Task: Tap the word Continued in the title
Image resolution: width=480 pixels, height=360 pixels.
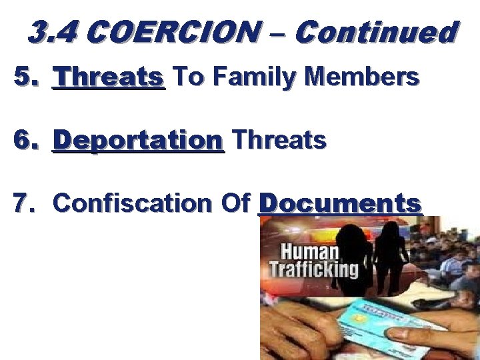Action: point(376,31)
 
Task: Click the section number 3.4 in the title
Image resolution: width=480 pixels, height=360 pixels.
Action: point(54,31)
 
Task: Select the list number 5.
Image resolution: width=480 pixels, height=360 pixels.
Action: point(25,78)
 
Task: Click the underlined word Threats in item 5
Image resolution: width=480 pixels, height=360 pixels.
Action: point(110,78)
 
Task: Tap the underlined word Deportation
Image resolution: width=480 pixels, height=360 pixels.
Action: point(138,140)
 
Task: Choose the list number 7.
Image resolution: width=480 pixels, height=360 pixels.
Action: point(25,203)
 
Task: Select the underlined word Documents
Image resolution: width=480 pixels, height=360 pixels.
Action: point(340,203)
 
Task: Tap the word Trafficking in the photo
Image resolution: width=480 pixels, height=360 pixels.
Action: point(313,269)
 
